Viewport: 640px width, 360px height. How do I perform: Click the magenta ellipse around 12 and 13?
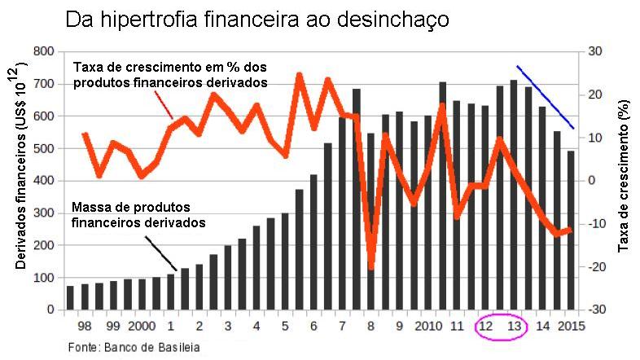click(499, 327)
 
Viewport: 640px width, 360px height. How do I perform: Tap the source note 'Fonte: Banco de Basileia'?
click(134, 347)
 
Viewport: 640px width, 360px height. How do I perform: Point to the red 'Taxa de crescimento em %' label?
click(170, 74)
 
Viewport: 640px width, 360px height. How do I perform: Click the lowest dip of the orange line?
click(371, 266)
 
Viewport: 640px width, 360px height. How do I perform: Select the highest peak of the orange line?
click(299, 76)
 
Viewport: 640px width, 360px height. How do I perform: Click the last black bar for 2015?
click(570, 230)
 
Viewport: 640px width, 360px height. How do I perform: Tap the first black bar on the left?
click(70, 298)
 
